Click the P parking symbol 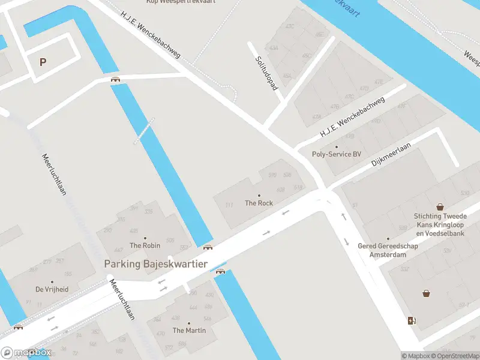coord(43,62)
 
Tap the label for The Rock coord(259,203)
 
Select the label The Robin coord(145,245)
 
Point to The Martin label coord(189,331)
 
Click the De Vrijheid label coord(52,289)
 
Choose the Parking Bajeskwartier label coord(155,264)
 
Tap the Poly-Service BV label coord(337,154)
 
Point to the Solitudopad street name coord(266,73)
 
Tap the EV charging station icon coord(411,320)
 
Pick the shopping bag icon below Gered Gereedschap coord(426,293)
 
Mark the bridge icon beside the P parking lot coord(115,79)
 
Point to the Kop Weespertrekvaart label coord(190,2)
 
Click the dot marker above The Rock coord(259,196)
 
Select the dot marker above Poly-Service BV coord(337,146)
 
